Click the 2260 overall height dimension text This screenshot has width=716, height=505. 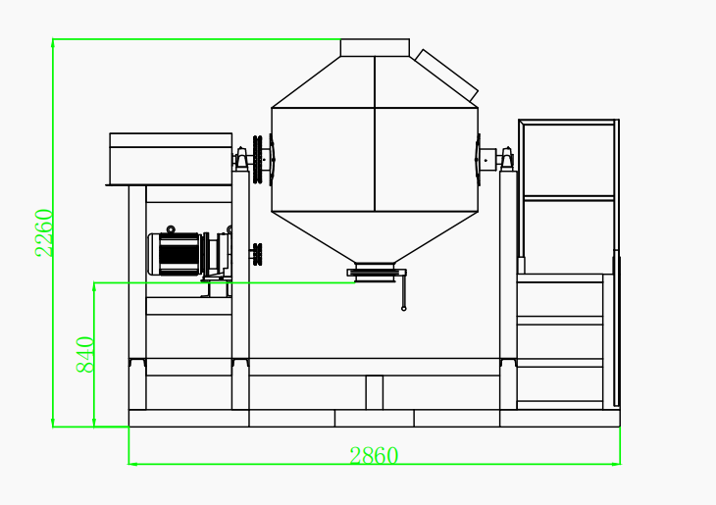44,232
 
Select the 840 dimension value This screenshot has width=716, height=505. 85,354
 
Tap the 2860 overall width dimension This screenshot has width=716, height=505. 374,456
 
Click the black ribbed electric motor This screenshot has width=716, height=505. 176,254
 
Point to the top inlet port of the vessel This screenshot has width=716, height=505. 375,47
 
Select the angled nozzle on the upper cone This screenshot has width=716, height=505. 446,75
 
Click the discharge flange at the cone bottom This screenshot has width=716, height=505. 376,273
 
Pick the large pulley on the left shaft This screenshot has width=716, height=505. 258,159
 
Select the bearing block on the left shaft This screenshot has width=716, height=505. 239,159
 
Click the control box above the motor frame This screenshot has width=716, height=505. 171,158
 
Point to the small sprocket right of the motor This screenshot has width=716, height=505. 257,253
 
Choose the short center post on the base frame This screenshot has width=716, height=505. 374,392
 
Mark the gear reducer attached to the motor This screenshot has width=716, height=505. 218,255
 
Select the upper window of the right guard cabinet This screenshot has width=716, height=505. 568,160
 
